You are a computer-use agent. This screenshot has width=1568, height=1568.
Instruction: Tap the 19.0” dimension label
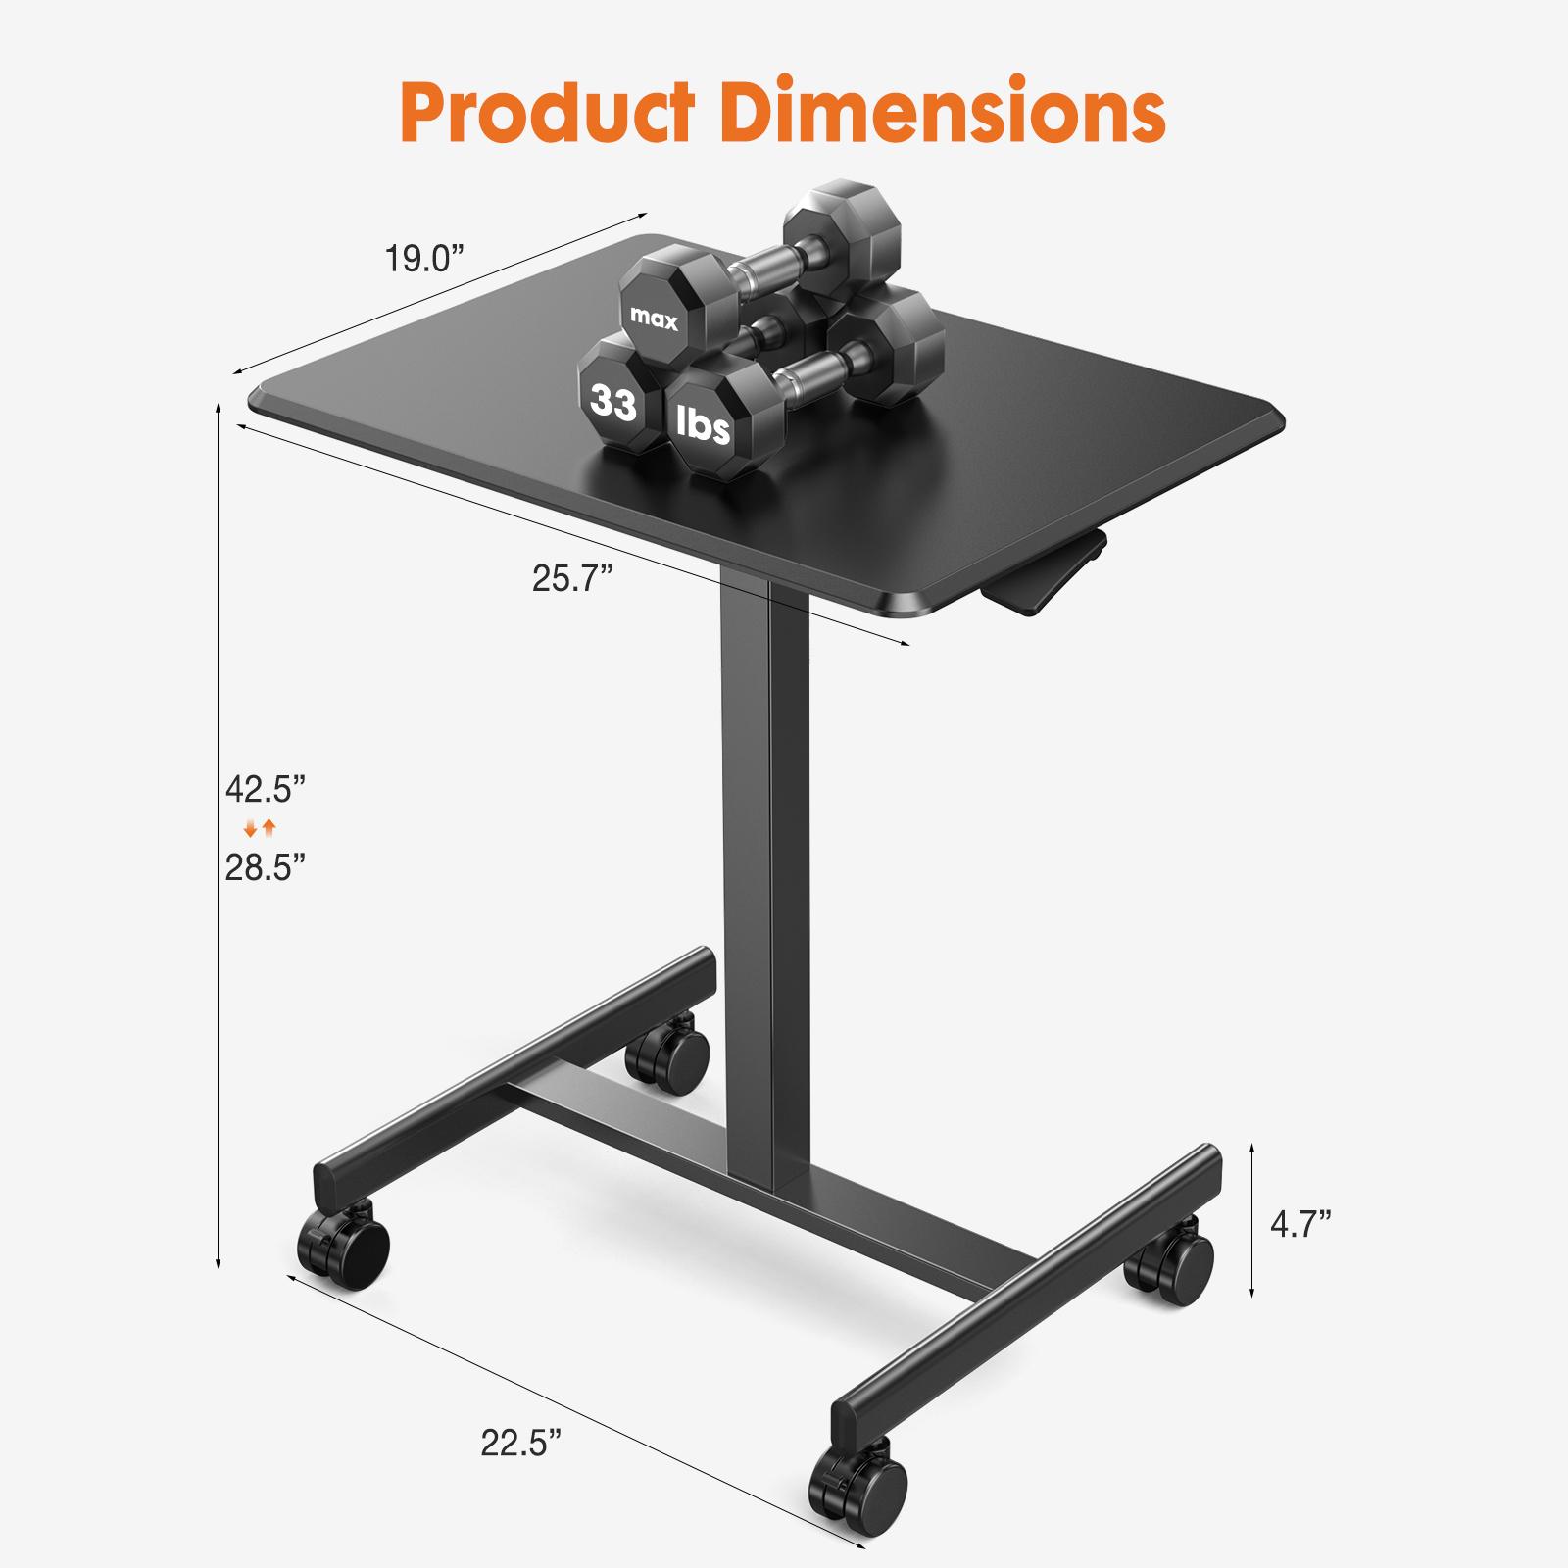422,260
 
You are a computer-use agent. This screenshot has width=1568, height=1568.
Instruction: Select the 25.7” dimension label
572,579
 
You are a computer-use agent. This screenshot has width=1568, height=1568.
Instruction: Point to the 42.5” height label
266,788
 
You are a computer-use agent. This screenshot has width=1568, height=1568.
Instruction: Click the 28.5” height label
266,867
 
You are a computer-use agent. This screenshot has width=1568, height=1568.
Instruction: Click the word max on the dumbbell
654,318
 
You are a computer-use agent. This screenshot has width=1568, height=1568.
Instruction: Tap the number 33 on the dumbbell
613,402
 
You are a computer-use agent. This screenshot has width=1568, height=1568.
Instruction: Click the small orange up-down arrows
261,829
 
